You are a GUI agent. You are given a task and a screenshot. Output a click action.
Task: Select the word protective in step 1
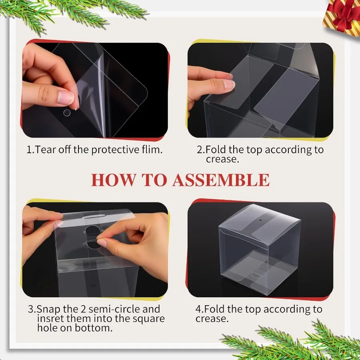point(115,150)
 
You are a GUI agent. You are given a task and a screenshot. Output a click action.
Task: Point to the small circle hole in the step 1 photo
point(67,113)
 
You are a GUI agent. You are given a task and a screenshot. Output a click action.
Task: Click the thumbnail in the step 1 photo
point(66,97)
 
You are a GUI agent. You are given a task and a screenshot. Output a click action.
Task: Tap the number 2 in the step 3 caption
point(83,309)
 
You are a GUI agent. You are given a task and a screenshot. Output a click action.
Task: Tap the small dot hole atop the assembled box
point(260,220)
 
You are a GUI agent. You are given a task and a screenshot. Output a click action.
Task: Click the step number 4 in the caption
point(198,309)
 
